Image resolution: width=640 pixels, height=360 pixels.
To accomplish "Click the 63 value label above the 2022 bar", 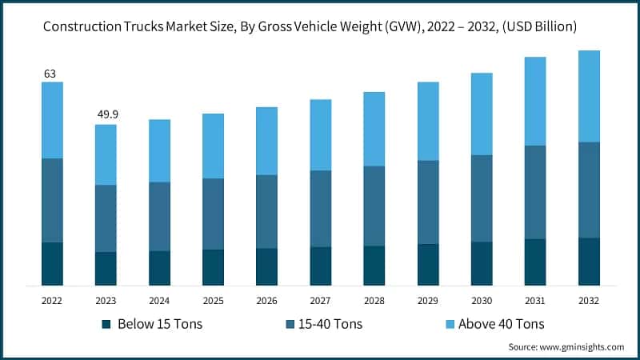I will coord(50,74).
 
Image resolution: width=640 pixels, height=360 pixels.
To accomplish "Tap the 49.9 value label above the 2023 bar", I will coord(106,115).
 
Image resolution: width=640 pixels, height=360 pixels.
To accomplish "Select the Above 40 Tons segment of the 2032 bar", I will coord(589,96).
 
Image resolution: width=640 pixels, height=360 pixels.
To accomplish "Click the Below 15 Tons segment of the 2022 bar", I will coord(52,263).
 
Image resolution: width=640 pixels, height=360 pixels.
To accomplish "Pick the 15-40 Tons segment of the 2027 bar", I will coord(321,208).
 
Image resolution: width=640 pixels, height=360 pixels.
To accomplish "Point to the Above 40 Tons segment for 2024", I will coord(159,150).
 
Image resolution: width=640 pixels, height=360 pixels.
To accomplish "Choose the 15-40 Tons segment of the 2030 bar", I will coord(482,198).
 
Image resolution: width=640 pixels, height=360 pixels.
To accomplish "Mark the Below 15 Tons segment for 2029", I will coord(428,264).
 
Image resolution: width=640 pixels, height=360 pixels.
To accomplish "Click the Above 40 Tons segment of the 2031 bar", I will coord(535,101).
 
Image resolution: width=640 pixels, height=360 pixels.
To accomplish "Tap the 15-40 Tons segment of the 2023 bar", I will coord(106,218).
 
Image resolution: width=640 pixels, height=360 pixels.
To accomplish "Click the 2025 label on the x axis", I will coord(213,300).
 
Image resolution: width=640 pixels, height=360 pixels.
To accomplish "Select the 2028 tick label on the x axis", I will coord(374,300).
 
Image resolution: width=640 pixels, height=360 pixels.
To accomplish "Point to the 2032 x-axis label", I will coord(589,300).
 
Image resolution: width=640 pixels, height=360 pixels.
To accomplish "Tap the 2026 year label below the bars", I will coord(266,300).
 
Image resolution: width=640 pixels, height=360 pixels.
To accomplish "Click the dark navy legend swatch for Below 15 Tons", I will coord(106,325).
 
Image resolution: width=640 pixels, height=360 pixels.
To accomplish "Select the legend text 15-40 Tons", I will coord(329,324).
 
